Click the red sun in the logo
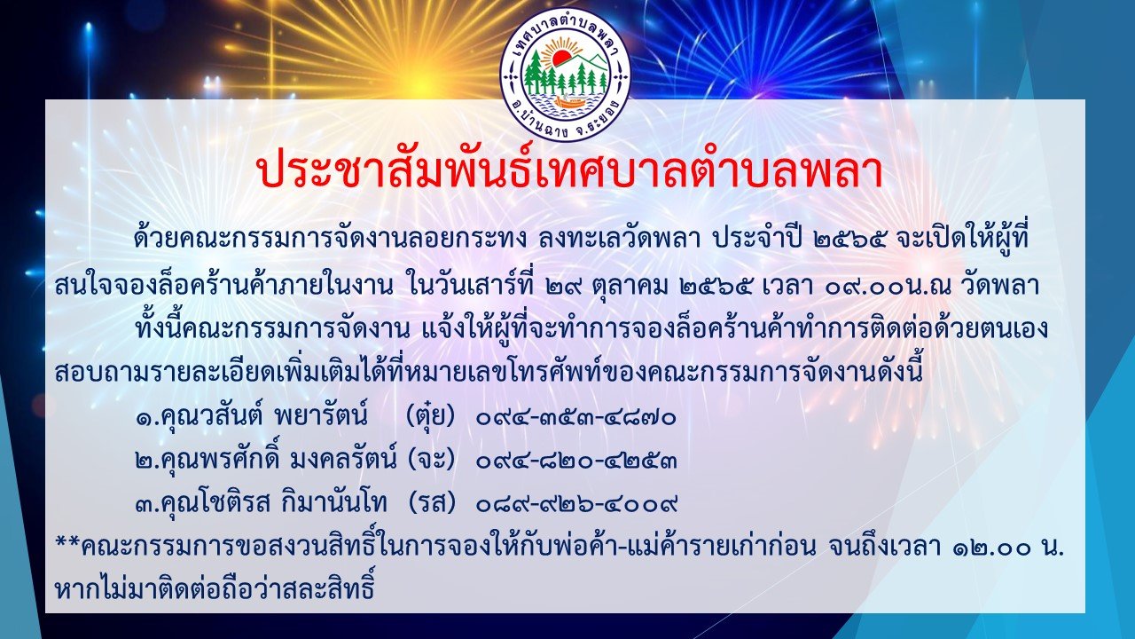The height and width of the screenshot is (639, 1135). [x=561, y=59]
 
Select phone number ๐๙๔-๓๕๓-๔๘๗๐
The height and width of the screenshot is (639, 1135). [x=576, y=419]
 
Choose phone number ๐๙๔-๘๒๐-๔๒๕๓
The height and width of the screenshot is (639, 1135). [x=576, y=461]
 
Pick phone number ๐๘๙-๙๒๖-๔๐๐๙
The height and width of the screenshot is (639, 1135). [x=576, y=504]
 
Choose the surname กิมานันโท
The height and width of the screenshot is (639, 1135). [x=335, y=503]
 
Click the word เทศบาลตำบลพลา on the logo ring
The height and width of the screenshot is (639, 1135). [x=565, y=27]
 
